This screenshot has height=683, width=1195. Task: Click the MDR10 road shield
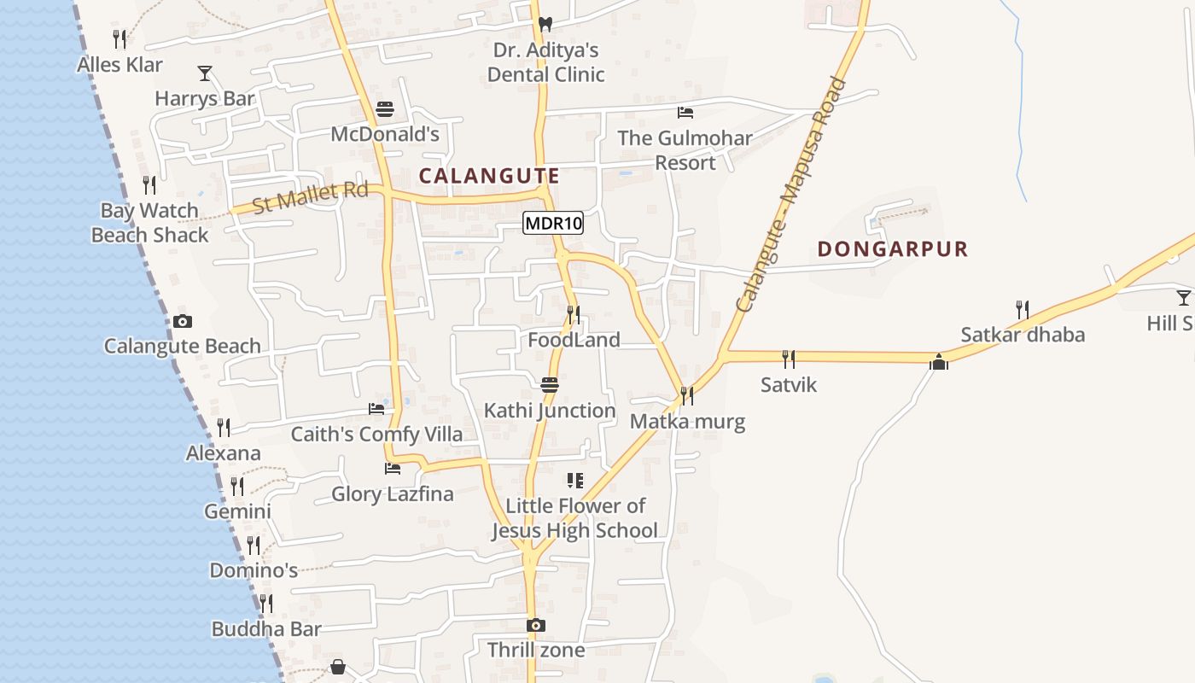click(553, 224)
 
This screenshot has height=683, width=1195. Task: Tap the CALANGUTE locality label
click(489, 176)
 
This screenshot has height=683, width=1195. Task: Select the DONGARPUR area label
click(893, 249)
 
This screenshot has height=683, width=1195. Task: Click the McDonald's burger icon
click(385, 110)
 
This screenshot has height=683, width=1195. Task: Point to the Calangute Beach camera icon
click(182, 322)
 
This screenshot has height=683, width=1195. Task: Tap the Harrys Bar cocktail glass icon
click(205, 73)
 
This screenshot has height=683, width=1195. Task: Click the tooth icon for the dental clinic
click(545, 25)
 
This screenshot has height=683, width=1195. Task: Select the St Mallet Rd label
click(311, 197)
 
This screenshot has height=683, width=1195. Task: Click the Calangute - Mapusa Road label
click(791, 195)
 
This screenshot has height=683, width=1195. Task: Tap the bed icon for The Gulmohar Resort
click(685, 113)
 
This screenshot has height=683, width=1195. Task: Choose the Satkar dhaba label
click(1023, 335)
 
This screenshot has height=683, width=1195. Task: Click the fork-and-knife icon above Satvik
click(789, 359)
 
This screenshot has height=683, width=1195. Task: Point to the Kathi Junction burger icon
click(550, 385)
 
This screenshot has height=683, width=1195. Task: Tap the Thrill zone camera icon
click(536, 626)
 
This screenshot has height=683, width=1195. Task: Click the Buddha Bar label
click(266, 629)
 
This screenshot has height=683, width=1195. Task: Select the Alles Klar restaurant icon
click(119, 39)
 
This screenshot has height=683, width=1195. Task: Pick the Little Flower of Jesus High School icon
click(575, 481)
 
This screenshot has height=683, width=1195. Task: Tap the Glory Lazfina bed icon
click(393, 469)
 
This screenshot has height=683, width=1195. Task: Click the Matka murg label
click(687, 422)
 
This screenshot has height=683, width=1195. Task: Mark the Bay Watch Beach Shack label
click(150, 223)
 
